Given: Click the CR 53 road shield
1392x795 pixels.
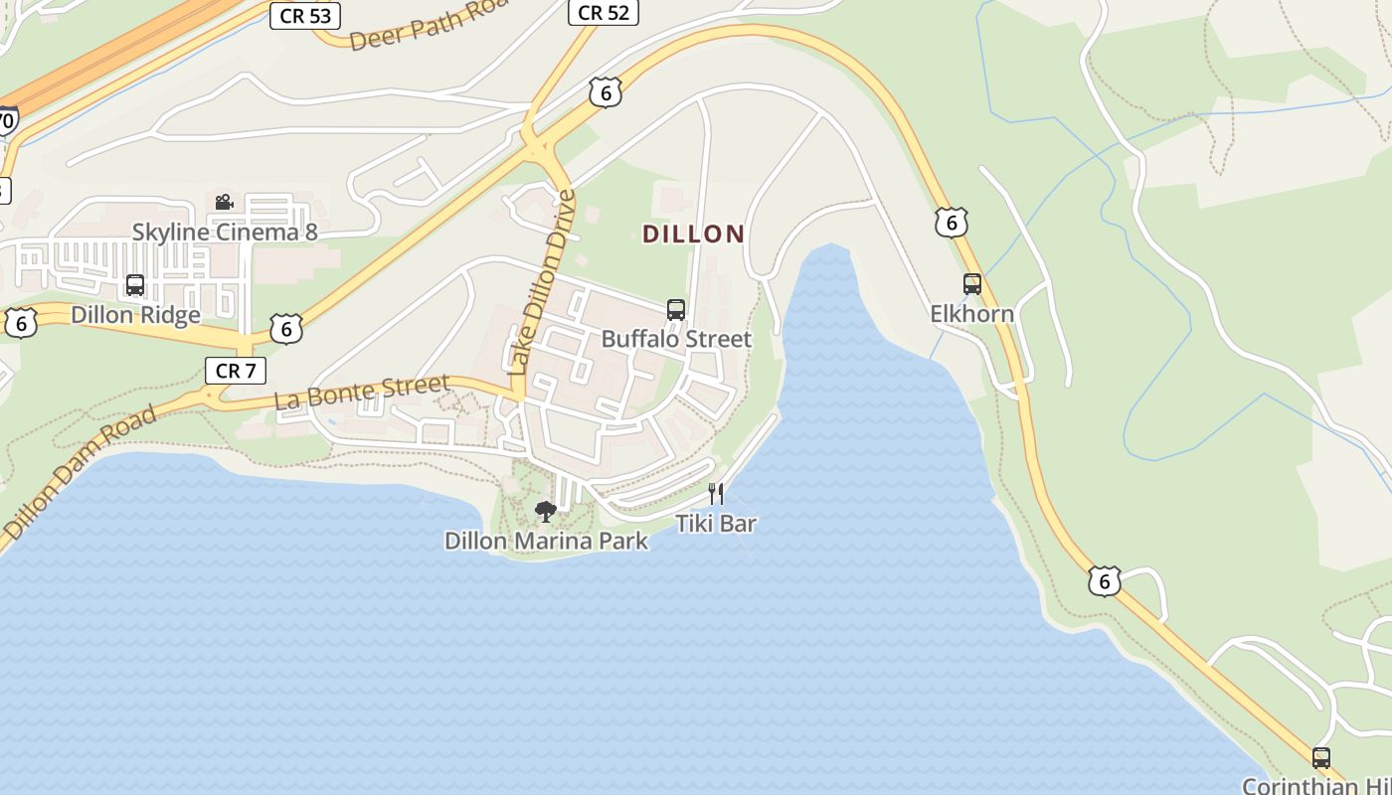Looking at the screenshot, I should tap(305, 15).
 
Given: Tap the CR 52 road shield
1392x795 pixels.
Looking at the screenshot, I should tap(603, 12).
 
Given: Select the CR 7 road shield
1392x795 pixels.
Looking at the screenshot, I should tap(236, 371).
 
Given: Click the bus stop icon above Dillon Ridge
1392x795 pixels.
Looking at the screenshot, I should tap(135, 286).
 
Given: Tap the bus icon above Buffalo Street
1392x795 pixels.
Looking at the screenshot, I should tap(676, 310).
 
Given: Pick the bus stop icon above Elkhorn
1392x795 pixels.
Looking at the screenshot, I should tap(972, 284).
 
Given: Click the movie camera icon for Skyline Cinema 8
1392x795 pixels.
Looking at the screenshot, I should tap(224, 203).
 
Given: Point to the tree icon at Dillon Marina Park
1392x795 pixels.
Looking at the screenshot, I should tap(545, 512).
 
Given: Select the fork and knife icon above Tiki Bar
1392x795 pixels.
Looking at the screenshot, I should tap(716, 493).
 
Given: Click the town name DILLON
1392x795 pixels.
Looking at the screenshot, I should tap(693, 235).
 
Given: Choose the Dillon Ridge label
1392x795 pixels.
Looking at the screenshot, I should tap(135, 315).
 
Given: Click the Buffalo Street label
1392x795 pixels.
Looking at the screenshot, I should tap(676, 339).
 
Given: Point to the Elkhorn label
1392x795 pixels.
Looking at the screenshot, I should tap(971, 314).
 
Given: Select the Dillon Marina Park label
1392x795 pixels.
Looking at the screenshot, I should tap(546, 542).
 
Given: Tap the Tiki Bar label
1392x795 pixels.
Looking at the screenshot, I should tap(716, 523).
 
